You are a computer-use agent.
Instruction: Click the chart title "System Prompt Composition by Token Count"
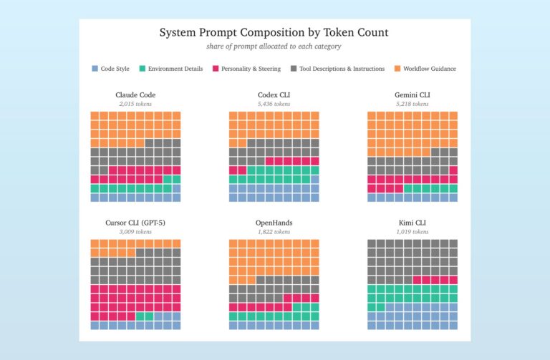coord(274,33)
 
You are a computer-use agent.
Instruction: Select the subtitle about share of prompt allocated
coord(274,47)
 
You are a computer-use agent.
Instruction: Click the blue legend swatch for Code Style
coord(95,69)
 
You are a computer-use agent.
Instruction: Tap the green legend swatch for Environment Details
coord(143,69)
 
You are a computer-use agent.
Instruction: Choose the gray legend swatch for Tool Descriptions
coord(294,69)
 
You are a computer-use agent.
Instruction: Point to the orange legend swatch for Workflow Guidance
coord(397,69)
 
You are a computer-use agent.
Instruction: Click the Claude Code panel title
coord(135,94)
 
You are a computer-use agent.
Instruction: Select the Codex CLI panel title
coord(274,94)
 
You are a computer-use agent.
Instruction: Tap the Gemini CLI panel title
coord(412,94)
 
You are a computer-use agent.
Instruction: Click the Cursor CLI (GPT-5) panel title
coord(135,223)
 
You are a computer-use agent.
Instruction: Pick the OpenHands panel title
coord(274,223)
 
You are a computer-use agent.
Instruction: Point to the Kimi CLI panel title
coord(412,223)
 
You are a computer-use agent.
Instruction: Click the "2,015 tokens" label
coord(135,104)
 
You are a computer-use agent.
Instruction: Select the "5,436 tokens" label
coord(274,104)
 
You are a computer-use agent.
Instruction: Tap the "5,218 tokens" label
coord(412,104)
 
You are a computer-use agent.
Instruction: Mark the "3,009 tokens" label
coord(135,232)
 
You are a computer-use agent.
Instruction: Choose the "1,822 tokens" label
coord(274,232)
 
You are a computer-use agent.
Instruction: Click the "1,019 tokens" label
coord(412,232)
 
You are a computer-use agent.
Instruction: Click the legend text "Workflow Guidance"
coord(430,69)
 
